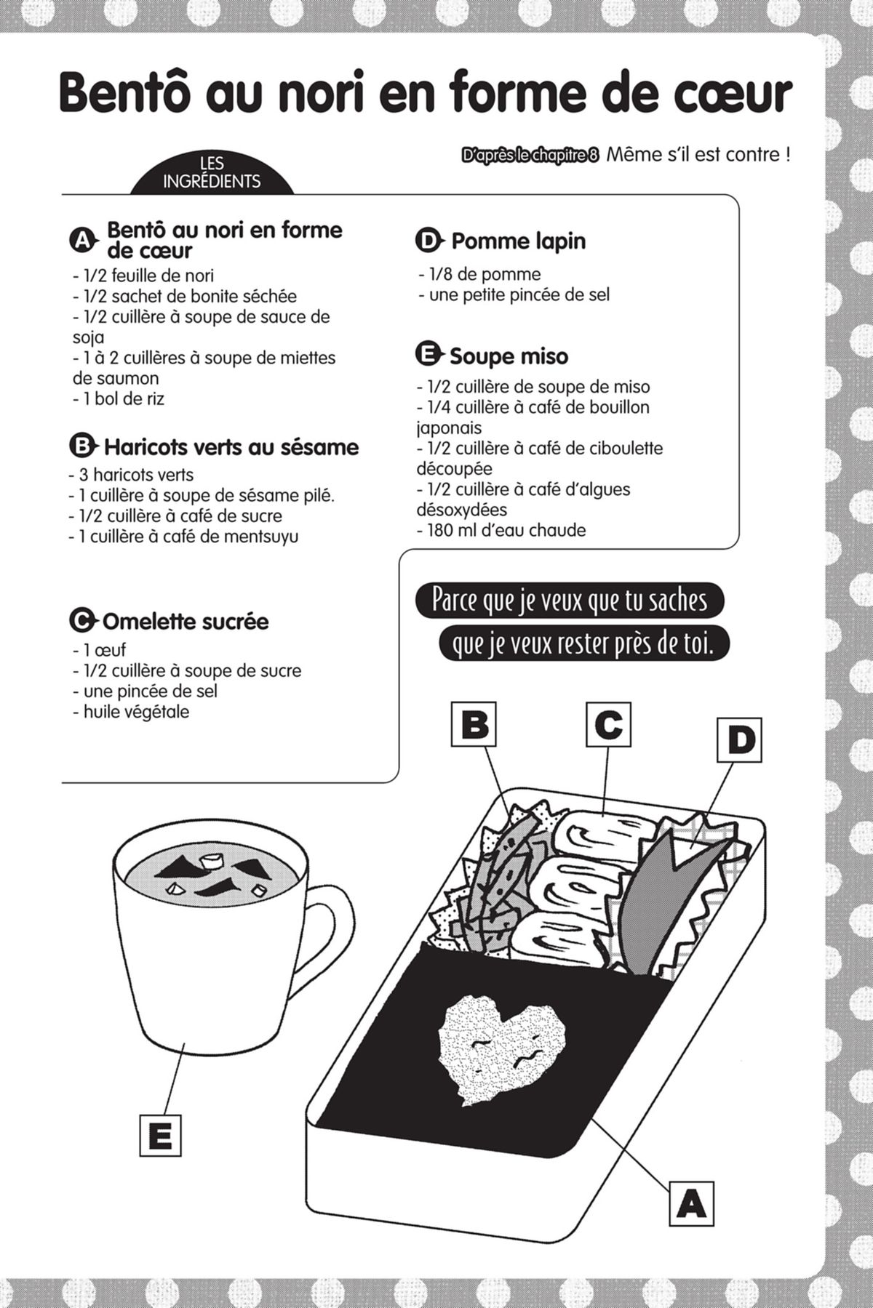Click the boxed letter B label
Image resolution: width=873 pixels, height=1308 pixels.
coord(474,723)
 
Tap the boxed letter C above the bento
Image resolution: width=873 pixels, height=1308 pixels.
coord(608,723)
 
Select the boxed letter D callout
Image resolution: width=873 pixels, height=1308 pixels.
coord(739,740)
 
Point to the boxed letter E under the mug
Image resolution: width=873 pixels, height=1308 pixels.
coord(160,1136)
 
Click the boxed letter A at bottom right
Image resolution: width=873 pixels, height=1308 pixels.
coord(690,1203)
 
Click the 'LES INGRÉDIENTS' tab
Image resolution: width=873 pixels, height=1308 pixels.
coord(212,174)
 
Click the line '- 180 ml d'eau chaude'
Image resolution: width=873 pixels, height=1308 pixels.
coord(501,530)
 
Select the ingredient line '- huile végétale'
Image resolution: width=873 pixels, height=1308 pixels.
coord(131,712)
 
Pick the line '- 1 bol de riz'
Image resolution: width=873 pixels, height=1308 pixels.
coord(119,398)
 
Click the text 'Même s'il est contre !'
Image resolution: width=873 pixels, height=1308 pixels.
coord(698,155)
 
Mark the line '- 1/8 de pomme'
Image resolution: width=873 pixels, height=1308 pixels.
coord(479,274)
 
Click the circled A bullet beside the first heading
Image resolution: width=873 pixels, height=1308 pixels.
coord(82,240)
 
